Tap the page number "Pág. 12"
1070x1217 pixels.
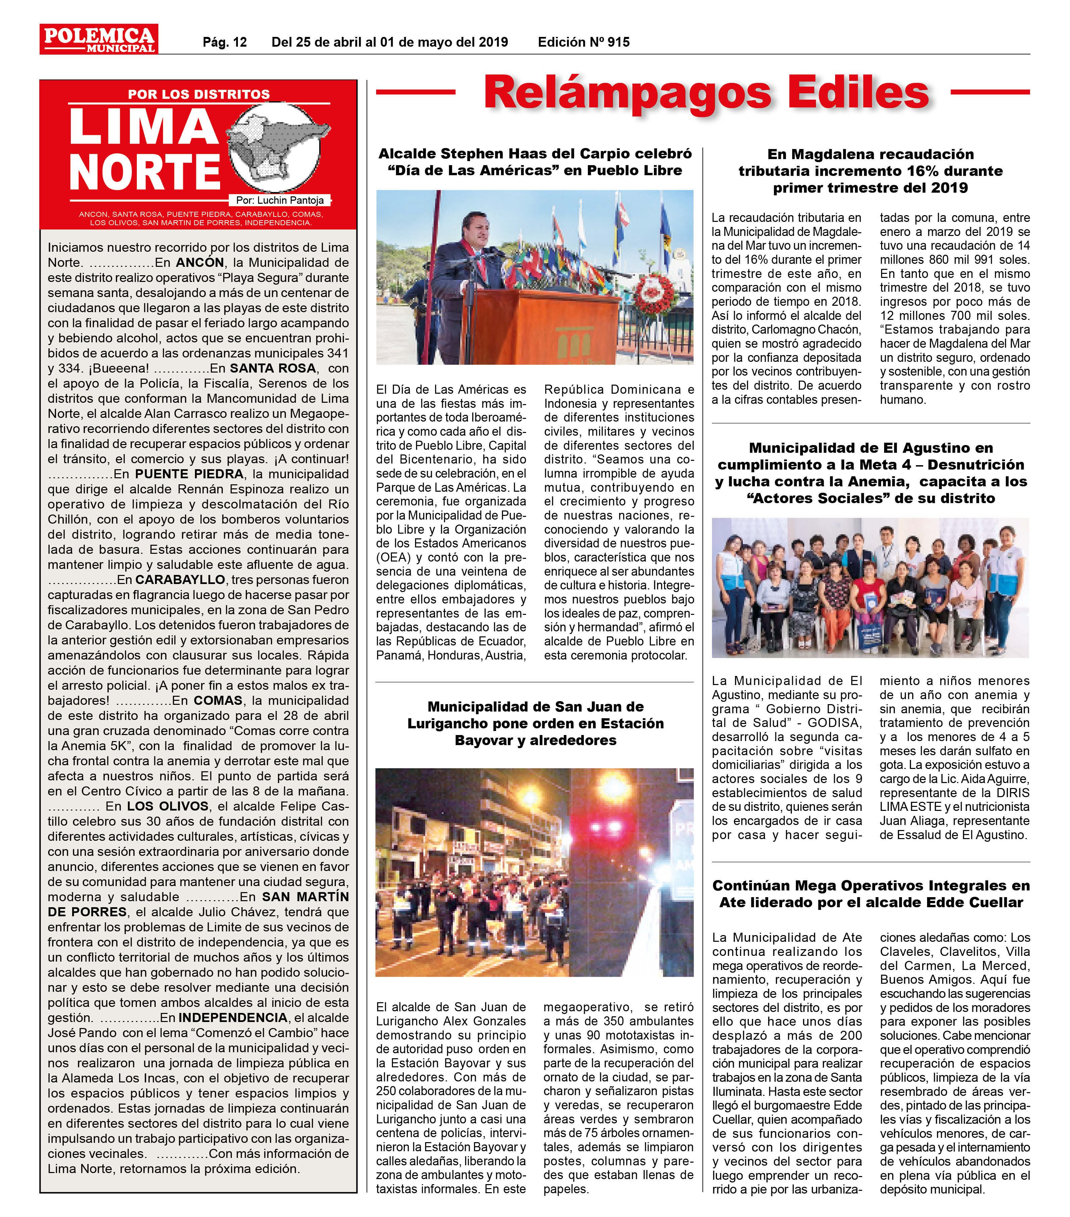(224, 42)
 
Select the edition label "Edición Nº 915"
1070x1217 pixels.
(583, 42)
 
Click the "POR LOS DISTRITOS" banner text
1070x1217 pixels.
(199, 94)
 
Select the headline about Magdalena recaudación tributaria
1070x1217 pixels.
(870, 171)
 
